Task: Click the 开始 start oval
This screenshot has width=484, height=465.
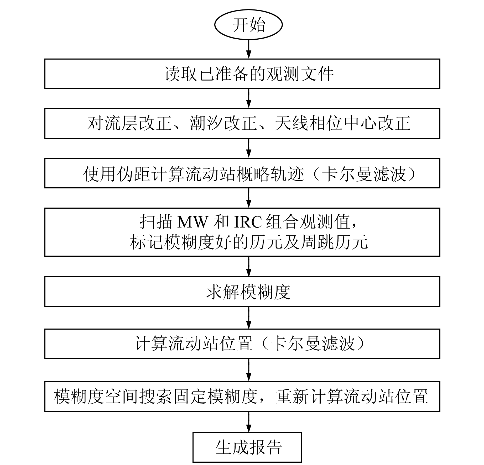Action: (248, 25)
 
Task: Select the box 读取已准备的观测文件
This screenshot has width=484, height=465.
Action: (242, 74)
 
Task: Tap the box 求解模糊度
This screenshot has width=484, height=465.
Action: (242, 291)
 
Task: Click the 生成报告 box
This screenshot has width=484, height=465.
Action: (247, 447)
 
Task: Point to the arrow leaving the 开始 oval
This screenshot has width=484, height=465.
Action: (248, 49)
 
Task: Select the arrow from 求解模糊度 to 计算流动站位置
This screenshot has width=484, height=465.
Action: (248, 318)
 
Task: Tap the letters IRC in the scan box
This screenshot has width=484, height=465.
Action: (248, 222)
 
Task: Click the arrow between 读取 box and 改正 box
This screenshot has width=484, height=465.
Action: (248, 98)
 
